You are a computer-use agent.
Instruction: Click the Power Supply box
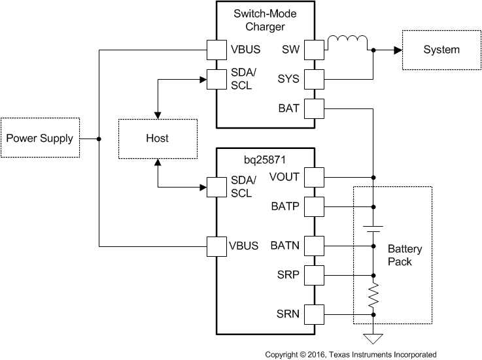[40, 138]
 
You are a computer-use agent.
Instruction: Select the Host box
[157, 138]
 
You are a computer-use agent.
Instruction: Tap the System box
[441, 50]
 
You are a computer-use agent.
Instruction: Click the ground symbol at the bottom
[373, 339]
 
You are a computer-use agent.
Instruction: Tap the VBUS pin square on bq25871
[216, 246]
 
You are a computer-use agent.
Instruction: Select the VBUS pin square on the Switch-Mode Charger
[216, 50]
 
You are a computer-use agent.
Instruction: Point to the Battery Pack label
[405, 255]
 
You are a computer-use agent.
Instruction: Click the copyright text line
[350, 354]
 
